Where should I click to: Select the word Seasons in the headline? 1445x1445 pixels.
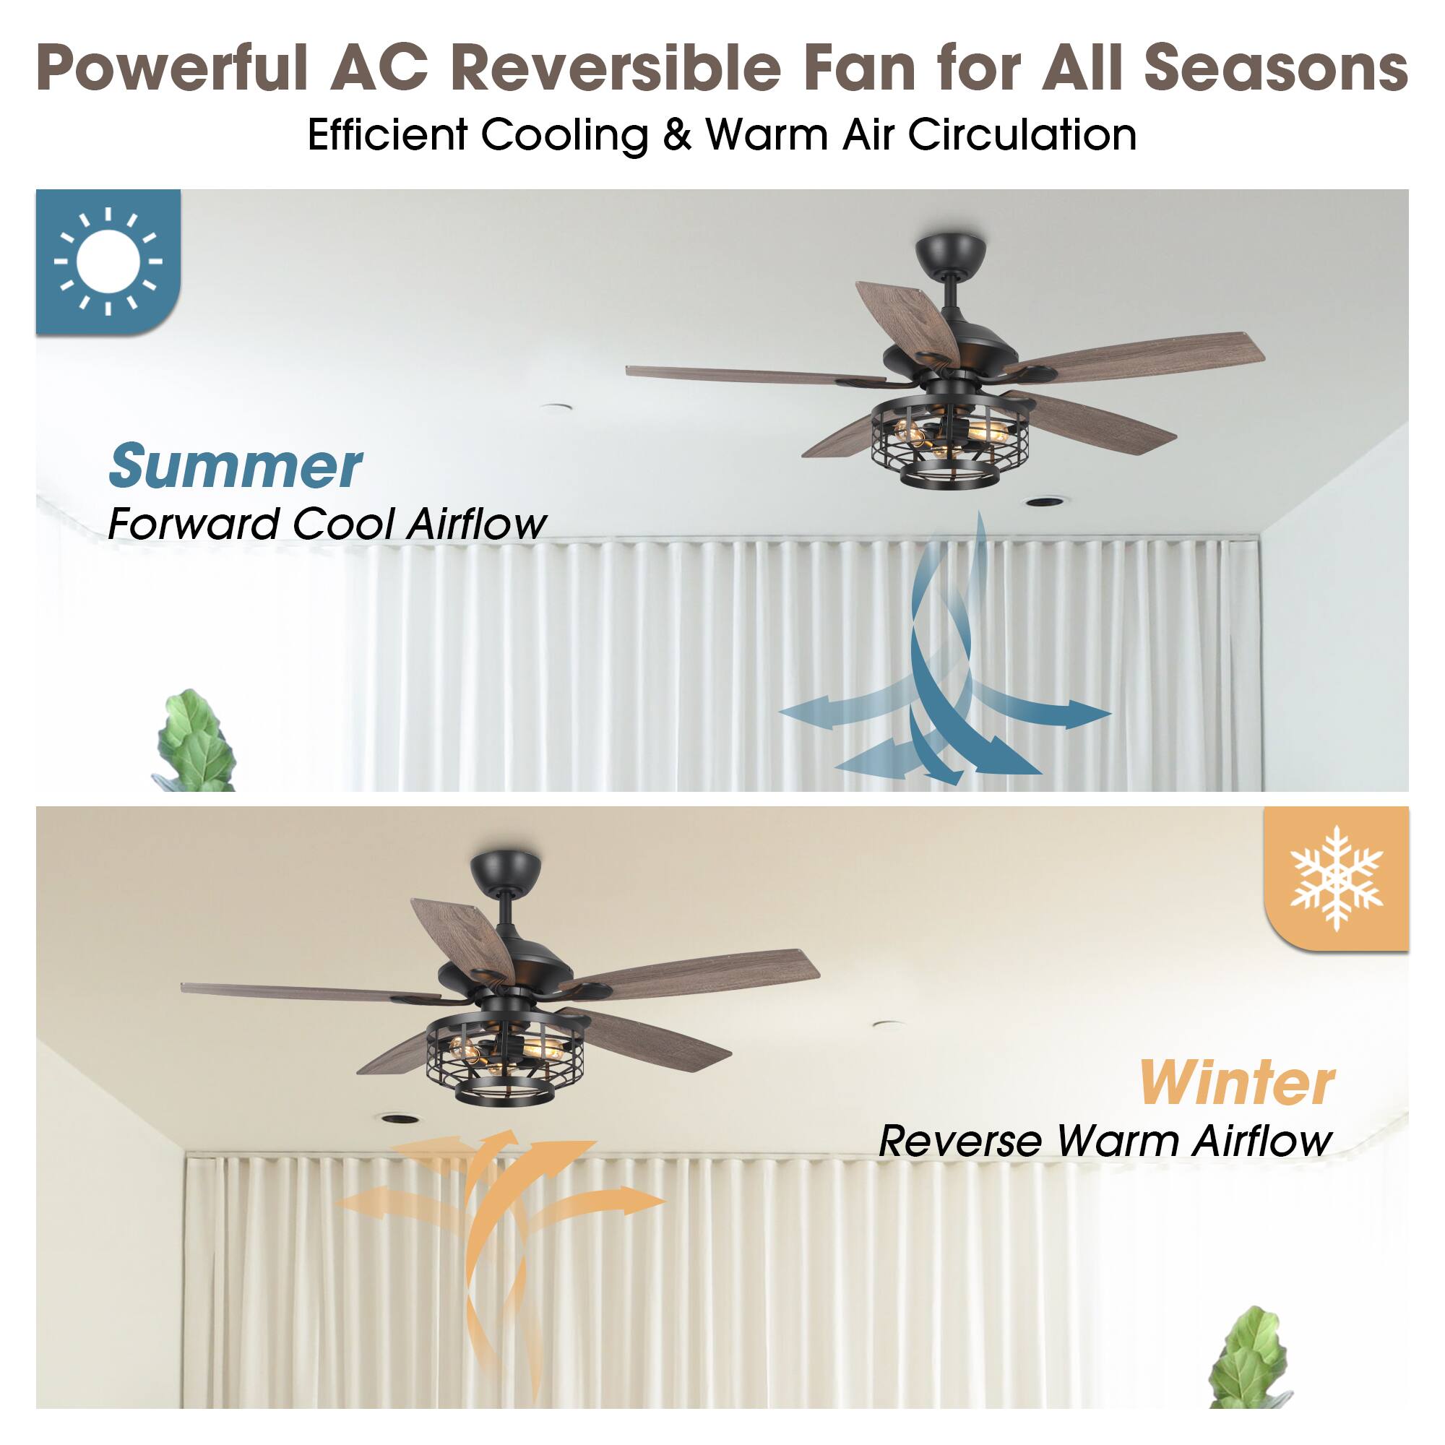click(x=1276, y=69)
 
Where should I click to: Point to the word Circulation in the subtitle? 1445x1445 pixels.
click(x=1022, y=135)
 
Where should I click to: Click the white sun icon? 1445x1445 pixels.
click(x=108, y=261)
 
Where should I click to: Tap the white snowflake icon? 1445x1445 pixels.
click(x=1336, y=878)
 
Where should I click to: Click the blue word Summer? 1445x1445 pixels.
click(x=236, y=466)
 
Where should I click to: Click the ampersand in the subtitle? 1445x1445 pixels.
click(x=676, y=136)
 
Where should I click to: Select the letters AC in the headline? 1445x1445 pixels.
click(x=379, y=69)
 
